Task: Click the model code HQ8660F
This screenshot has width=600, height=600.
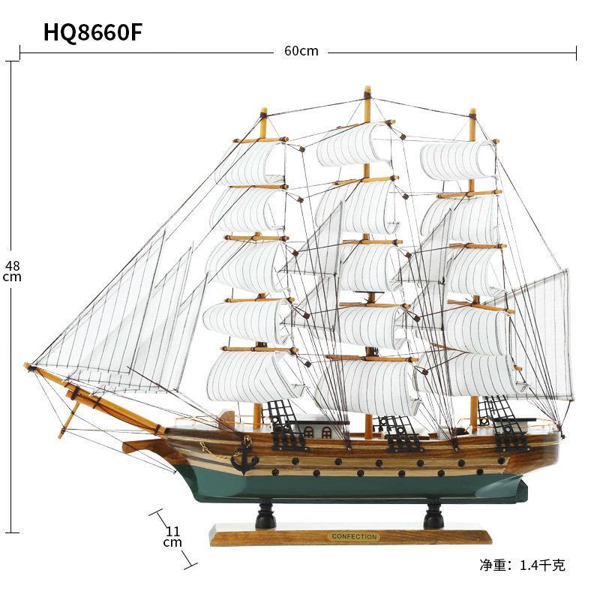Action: click(x=92, y=32)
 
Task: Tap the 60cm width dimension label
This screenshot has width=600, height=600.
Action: click(x=301, y=51)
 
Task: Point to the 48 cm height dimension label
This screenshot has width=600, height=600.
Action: click(x=11, y=270)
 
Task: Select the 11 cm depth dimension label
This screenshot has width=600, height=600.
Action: click(x=172, y=536)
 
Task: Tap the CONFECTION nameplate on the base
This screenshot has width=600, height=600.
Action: click(x=352, y=537)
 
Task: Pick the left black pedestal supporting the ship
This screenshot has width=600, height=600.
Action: click(x=265, y=515)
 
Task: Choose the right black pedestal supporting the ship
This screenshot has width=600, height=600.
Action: click(x=433, y=516)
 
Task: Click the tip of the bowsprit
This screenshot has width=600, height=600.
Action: click(x=28, y=366)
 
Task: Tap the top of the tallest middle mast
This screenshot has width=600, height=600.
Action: click(x=367, y=91)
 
